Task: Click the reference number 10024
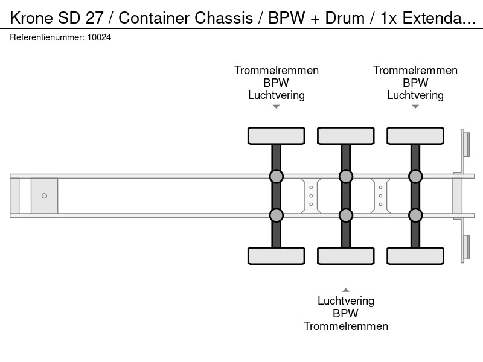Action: point(99,37)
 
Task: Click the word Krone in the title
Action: point(31,18)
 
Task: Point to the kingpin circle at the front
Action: point(44,195)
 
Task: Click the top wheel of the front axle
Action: point(277,135)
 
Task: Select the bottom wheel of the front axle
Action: point(277,256)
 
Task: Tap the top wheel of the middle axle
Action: point(346,135)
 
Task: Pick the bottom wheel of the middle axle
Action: point(346,256)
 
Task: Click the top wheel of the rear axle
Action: point(415,135)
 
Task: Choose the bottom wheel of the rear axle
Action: point(415,256)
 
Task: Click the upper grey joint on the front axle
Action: point(277,177)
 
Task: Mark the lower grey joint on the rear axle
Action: point(415,215)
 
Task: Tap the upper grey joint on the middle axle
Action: point(346,177)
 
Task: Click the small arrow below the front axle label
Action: point(277,107)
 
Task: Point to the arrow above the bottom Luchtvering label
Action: point(346,290)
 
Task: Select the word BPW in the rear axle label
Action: point(415,83)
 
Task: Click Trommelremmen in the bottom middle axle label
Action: point(346,326)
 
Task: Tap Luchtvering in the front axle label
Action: point(277,95)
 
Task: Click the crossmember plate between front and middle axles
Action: point(311,195)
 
